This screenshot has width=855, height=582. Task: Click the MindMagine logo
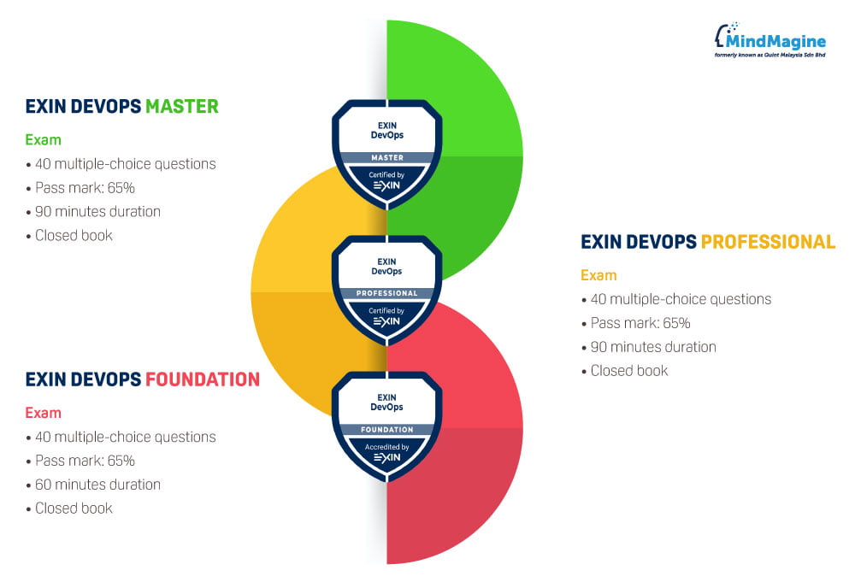point(770,39)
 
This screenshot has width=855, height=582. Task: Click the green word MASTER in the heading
point(181,107)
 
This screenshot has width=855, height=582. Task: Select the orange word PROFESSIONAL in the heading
point(768,242)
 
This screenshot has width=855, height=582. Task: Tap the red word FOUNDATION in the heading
point(203,379)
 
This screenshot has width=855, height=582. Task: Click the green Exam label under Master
point(43,139)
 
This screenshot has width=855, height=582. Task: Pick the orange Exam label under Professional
point(598,275)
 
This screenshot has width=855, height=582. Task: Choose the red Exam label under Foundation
point(43,413)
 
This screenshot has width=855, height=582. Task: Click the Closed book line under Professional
point(628,371)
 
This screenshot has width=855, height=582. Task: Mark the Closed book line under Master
point(74,235)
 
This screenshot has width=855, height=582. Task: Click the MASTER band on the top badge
point(386,157)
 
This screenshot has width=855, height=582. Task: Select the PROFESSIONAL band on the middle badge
point(386,293)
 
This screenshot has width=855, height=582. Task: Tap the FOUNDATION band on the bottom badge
point(386,430)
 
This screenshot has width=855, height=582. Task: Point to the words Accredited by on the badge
point(386,447)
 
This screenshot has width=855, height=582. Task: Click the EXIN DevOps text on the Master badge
point(386,131)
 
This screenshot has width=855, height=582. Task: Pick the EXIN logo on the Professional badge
point(386,321)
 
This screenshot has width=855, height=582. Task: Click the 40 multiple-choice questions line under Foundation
point(125,437)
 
